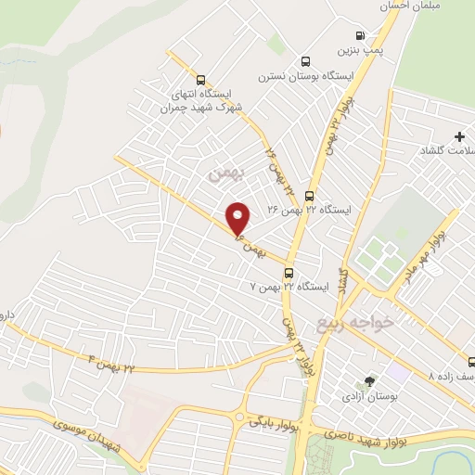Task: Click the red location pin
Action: [238, 219]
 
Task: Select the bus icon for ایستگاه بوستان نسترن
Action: [304, 61]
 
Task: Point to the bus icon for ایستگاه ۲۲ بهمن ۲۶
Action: [309, 196]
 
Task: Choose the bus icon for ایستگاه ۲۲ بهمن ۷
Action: [289, 273]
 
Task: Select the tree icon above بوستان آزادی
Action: [370, 380]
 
